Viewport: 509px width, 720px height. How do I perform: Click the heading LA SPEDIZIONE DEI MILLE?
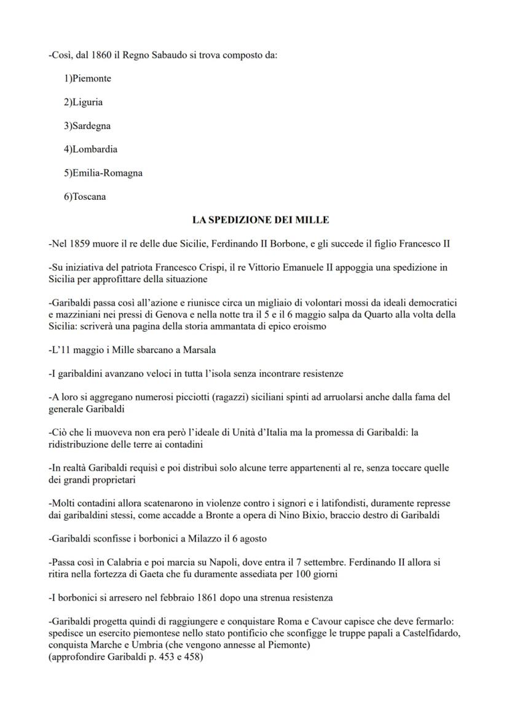(x=261, y=220)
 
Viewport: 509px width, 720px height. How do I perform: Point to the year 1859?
(x=81, y=243)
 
